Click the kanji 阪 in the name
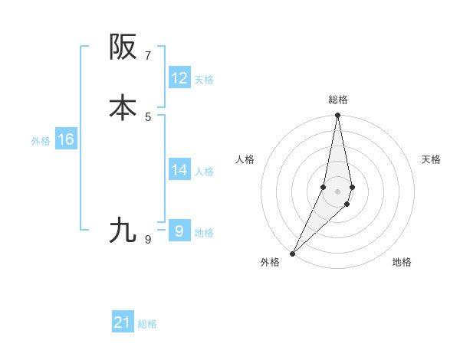tap(123, 47)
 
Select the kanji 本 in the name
tap(123, 108)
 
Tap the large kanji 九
tap(123, 230)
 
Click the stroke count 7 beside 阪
tap(148, 56)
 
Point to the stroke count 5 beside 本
tap(148, 116)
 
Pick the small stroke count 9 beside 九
tap(148, 240)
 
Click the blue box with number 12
tap(179, 78)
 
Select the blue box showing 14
tap(179, 170)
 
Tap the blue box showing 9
tap(179, 231)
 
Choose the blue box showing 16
tap(66, 139)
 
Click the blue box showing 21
tap(123, 323)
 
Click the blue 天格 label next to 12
tap(204, 80)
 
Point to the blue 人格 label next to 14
tap(204, 172)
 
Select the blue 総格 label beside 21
tap(147, 325)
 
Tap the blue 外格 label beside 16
tap(41, 141)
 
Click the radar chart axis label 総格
tap(338, 100)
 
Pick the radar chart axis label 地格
tap(402, 263)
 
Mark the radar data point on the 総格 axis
tap(338, 116)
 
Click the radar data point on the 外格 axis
tap(292, 253)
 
